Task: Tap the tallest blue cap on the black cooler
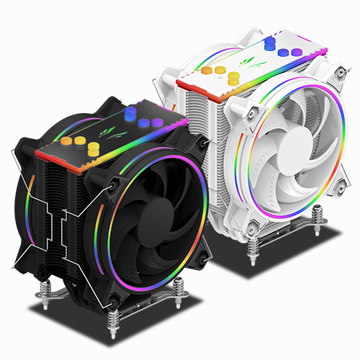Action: click(x=131, y=113)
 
